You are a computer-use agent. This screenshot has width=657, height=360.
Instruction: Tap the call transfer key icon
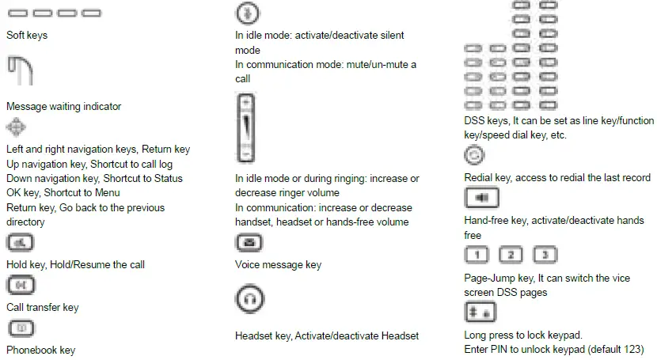click(20, 286)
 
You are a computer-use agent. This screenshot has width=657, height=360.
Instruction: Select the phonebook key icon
click(20, 328)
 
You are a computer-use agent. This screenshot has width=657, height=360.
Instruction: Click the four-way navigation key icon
click(17, 127)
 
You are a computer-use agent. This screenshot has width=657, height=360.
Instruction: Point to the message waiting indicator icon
click(21, 72)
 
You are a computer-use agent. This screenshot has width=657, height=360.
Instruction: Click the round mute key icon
click(248, 13)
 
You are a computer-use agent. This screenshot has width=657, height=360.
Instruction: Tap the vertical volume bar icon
click(247, 127)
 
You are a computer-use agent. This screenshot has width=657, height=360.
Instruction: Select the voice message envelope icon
click(249, 243)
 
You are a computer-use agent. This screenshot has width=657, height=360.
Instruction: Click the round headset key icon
click(249, 300)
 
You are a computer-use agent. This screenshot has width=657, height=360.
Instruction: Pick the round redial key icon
click(475, 155)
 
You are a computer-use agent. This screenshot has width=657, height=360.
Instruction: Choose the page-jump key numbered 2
click(511, 255)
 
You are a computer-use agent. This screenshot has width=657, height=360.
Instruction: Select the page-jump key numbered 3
click(545, 255)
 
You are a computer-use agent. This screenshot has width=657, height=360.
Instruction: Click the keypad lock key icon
click(480, 312)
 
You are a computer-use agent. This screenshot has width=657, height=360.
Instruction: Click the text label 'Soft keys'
click(27, 36)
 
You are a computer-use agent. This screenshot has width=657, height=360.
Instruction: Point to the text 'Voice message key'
click(278, 265)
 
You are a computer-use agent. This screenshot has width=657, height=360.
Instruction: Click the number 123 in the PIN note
click(632, 349)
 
